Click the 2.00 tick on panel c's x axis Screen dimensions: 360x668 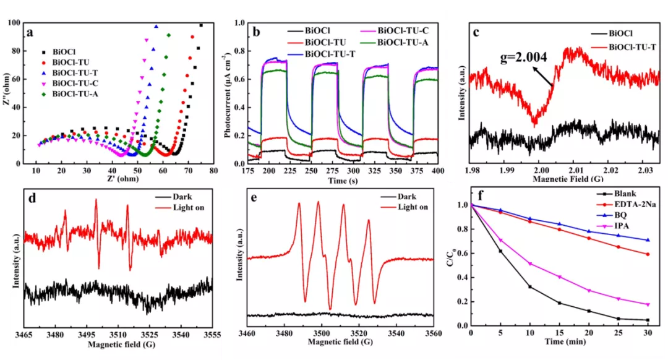tap(540, 170)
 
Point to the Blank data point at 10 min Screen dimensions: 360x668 tap(530, 287)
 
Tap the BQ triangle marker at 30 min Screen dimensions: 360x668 tap(647, 240)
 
